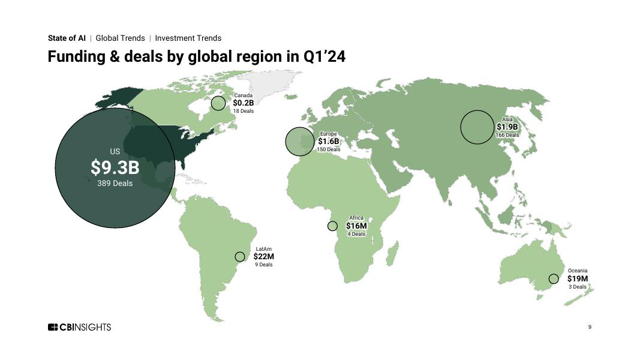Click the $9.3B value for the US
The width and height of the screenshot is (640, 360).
click(115, 168)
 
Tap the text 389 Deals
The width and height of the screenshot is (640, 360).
click(115, 183)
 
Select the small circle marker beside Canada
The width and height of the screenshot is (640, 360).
click(218, 103)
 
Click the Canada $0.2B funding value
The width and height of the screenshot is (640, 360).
click(243, 103)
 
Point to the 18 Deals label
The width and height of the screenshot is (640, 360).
click(243, 111)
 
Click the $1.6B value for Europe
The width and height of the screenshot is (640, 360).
click(328, 142)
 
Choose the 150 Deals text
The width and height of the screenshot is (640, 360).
click(328, 149)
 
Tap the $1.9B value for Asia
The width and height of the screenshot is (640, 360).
click(507, 127)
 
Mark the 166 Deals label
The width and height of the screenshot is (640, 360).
click(507, 135)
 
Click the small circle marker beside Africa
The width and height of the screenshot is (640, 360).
click(332, 226)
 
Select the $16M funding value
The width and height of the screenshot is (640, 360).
click(356, 226)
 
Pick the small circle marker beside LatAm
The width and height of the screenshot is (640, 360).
click(240, 257)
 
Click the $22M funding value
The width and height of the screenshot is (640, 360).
click(263, 256)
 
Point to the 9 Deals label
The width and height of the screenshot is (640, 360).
click(263, 265)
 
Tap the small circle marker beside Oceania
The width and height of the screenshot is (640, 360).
click(554, 279)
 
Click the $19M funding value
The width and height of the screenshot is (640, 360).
click(577, 278)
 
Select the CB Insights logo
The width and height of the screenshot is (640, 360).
click(79, 327)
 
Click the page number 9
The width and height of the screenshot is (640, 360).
click(590, 327)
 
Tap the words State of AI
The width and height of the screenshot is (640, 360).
click(67, 38)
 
